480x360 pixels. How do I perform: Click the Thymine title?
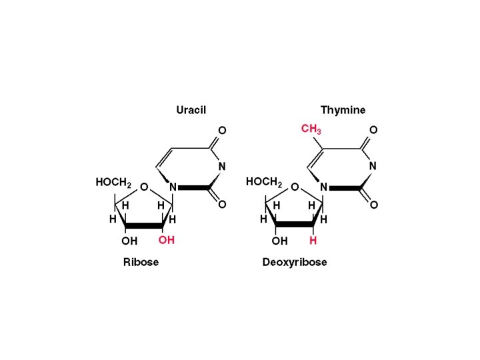click(343, 110)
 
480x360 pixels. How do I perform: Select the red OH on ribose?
click(166, 240)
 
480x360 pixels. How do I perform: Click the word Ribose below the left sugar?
click(141, 262)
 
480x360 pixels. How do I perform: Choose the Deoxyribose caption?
click(295, 262)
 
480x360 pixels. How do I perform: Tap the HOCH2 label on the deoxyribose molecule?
click(265, 182)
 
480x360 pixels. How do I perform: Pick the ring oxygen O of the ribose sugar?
click(143, 188)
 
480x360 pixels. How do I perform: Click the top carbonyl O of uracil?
click(223, 130)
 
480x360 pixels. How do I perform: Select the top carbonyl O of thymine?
click(373, 130)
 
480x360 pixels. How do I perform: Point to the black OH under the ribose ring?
click(129, 241)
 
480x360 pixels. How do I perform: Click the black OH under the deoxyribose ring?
click(280, 241)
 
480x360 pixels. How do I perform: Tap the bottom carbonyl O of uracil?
click(223, 205)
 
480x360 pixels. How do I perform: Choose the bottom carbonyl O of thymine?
click(373, 205)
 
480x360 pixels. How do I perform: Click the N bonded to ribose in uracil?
click(173, 187)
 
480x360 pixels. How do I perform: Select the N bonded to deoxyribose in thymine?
click(324, 187)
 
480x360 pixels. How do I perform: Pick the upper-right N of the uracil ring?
click(223, 166)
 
